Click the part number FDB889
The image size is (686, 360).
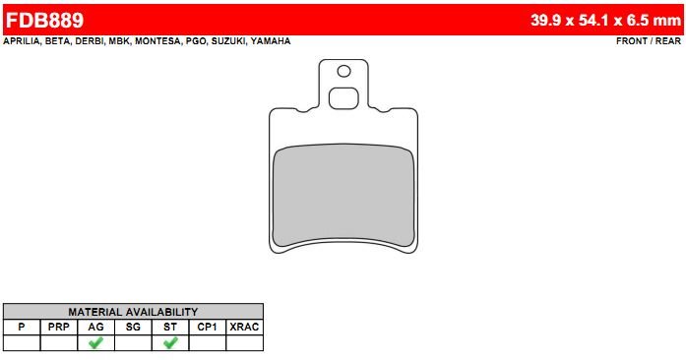tap(44, 20)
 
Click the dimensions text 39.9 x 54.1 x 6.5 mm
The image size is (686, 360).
tap(605, 20)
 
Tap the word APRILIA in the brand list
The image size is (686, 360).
tap(22, 41)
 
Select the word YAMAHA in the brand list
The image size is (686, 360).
tap(271, 41)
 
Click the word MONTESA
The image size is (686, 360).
tap(157, 41)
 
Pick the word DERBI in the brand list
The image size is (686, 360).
tap(90, 41)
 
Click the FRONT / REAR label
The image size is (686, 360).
tap(649, 41)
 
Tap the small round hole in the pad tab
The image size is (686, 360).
tap(343, 71)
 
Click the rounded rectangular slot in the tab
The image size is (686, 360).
tap(343, 98)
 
